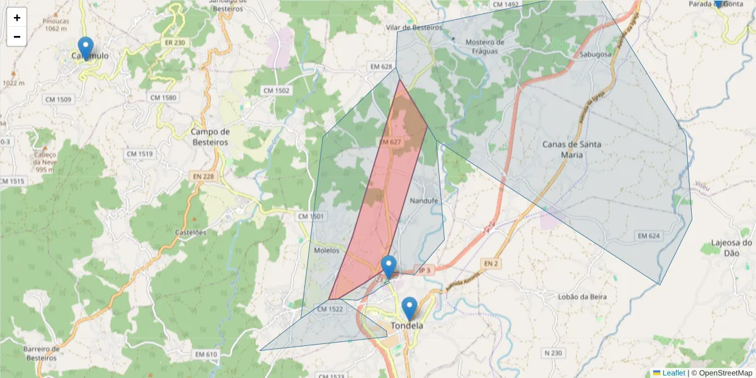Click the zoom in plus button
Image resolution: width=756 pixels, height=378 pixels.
16,18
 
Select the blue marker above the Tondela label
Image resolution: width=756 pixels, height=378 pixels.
409,308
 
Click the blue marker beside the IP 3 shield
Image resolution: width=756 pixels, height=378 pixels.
389,266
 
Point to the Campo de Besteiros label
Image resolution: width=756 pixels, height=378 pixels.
210,137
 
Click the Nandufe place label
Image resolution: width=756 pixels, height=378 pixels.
423,201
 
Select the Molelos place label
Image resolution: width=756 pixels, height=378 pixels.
326,250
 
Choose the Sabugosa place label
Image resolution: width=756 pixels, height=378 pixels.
595,55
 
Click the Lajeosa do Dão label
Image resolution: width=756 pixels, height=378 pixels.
731,248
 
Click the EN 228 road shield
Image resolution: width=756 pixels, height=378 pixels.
203,177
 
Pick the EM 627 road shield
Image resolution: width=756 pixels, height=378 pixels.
391,142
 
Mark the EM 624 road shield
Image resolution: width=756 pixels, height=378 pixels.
648,236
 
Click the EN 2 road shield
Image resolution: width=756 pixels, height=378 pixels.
491,263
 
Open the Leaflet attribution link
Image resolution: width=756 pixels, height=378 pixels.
673,373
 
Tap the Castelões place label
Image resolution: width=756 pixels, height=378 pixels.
190,232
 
